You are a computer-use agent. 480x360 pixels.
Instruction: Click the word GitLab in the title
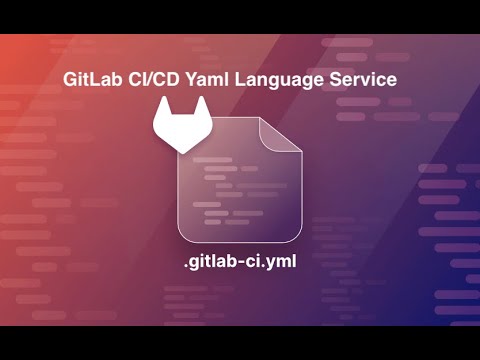[x=93, y=80]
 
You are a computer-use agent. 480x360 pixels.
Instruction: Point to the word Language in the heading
[x=285, y=80]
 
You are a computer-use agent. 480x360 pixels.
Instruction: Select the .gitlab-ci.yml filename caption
[x=240, y=262]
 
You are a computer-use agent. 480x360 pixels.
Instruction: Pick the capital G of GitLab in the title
[x=69, y=80]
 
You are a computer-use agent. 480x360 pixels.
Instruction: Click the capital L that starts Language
[x=243, y=80]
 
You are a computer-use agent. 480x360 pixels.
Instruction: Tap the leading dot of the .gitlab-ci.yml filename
[x=186, y=267]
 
